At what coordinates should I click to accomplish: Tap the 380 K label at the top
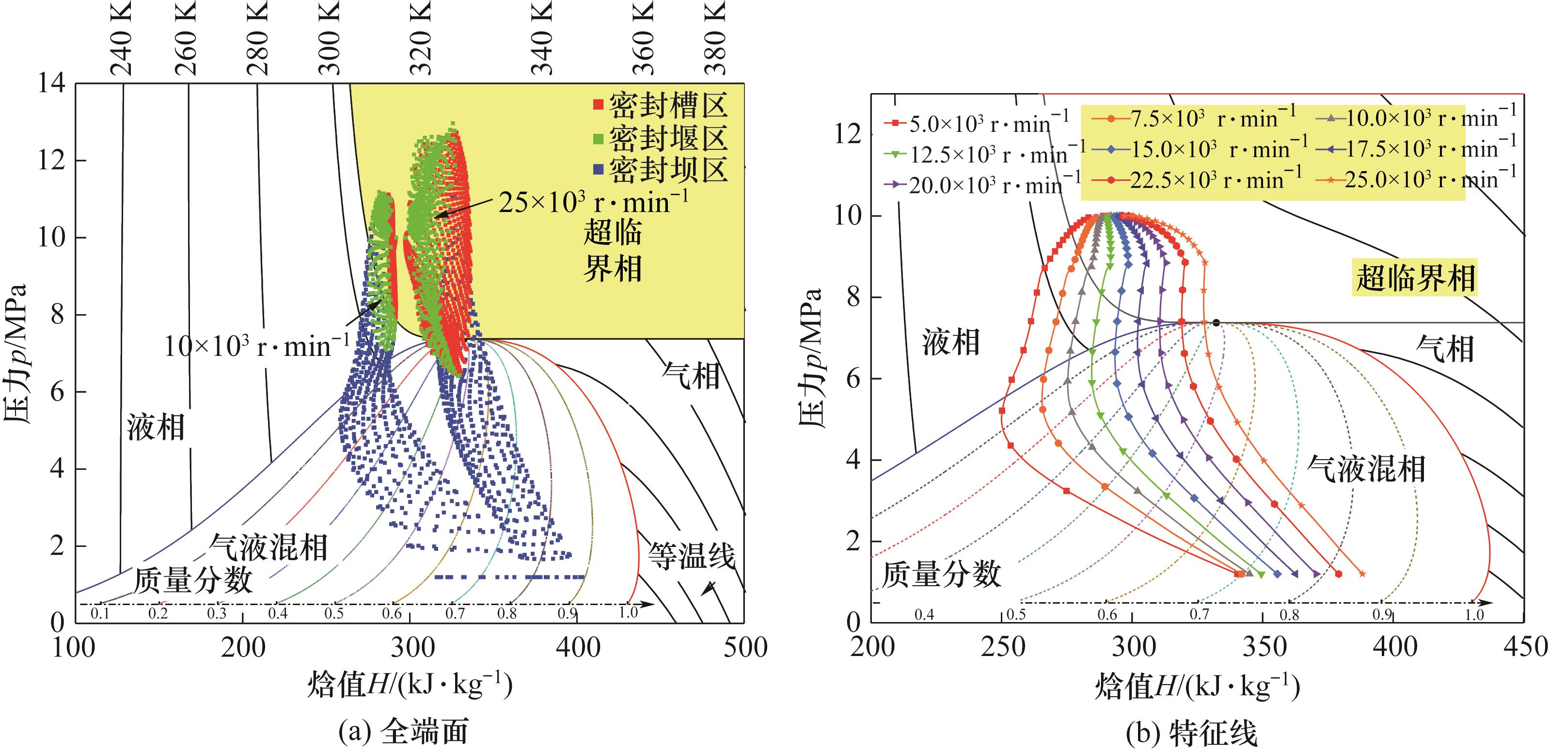coord(715,37)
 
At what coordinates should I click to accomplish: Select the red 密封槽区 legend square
coord(598,105)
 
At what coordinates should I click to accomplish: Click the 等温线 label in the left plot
coord(692,555)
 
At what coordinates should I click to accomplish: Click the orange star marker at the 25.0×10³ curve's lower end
coord(1362,574)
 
